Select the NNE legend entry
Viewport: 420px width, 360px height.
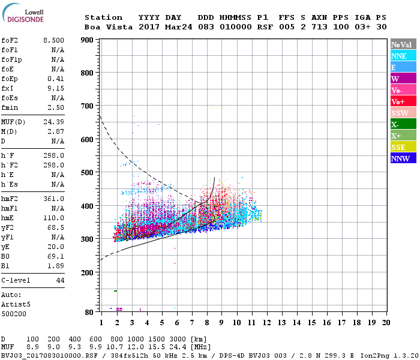coord(403,56)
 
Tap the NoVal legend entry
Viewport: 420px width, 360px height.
coord(403,44)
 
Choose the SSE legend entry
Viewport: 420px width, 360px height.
coord(403,147)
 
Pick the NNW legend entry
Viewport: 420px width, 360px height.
coord(403,158)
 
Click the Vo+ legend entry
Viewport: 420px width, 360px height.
coord(403,101)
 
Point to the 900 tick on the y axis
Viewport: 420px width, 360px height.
coord(87,40)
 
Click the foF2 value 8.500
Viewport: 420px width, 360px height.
coord(53,40)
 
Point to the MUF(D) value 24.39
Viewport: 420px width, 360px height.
coord(53,122)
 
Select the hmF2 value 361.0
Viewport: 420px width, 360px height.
coord(53,199)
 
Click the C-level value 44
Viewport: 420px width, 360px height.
coord(60,280)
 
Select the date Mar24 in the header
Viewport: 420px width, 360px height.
coord(177,27)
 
